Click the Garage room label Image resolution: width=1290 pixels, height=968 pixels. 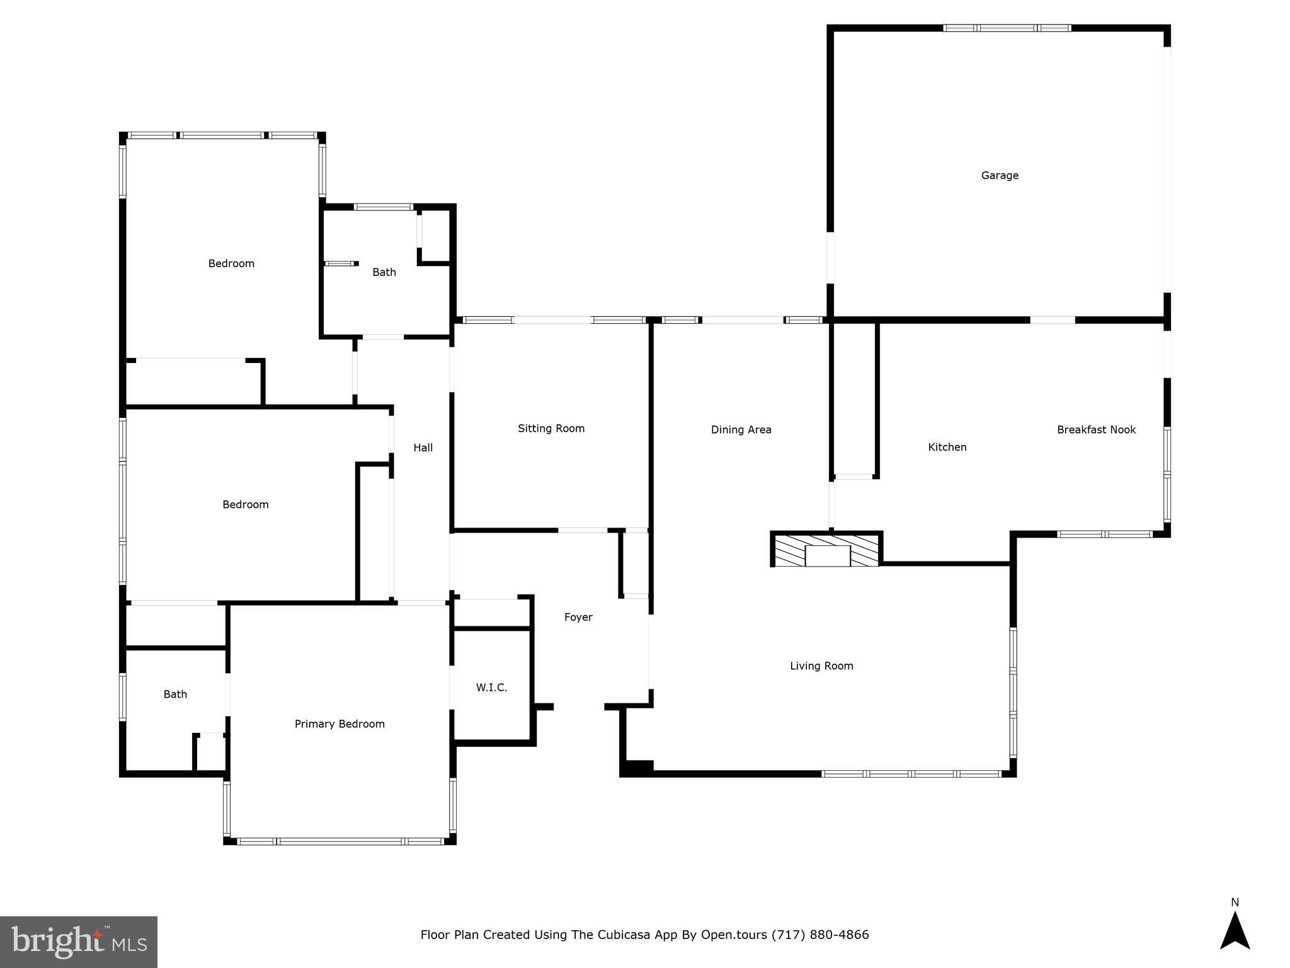[x=1000, y=175]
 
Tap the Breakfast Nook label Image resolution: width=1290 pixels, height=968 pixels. [x=1096, y=430]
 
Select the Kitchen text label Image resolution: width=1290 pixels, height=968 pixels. [x=947, y=447]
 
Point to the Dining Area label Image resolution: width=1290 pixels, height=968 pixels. [x=741, y=430]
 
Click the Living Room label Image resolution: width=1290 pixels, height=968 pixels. [x=821, y=665]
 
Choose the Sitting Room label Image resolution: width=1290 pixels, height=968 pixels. [x=551, y=429]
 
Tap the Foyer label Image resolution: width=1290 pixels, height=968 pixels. [x=578, y=617]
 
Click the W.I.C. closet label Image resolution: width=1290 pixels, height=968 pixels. [x=491, y=687]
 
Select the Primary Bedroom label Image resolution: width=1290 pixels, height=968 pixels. [x=340, y=724]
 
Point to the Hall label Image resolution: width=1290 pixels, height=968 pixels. [x=423, y=447]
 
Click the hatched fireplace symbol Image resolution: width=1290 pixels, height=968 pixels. [x=826, y=551]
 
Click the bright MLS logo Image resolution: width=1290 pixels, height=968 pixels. [x=79, y=942]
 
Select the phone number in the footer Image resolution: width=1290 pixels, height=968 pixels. [x=820, y=935]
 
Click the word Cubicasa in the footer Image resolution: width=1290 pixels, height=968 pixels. [x=595, y=935]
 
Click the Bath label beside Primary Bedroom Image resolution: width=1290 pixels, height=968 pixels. [x=175, y=694]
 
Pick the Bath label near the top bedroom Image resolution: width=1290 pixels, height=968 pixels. [x=384, y=272]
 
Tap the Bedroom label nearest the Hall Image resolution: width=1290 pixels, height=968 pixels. [x=246, y=504]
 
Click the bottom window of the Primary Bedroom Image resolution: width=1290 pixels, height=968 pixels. [x=340, y=841]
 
